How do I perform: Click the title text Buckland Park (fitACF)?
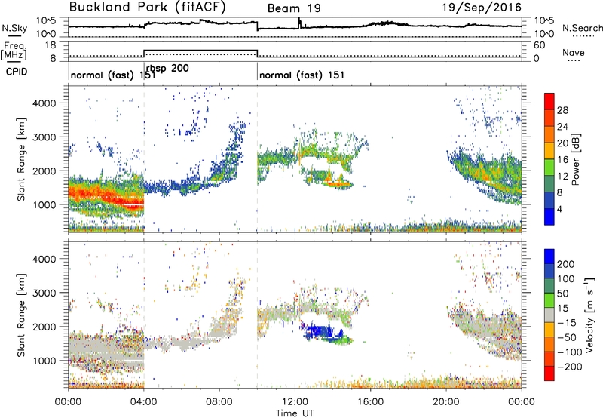[148, 7]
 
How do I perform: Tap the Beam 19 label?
[294, 8]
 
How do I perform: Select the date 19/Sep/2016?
[482, 8]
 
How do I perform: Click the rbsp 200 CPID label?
[167, 68]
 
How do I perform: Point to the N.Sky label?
[14, 28]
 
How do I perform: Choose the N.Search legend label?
[582, 28]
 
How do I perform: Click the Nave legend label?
[574, 52]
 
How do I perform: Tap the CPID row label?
[17, 72]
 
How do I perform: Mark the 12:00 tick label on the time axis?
[295, 402]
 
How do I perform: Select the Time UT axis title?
[295, 413]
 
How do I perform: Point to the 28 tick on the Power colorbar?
[562, 110]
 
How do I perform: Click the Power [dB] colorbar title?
[575, 159]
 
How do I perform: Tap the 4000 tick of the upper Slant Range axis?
[44, 103]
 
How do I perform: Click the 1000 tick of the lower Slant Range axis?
[44, 361]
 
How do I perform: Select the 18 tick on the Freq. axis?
[51, 45]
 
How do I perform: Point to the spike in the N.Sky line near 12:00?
[299, 23]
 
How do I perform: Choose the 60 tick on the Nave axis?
[539, 45]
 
